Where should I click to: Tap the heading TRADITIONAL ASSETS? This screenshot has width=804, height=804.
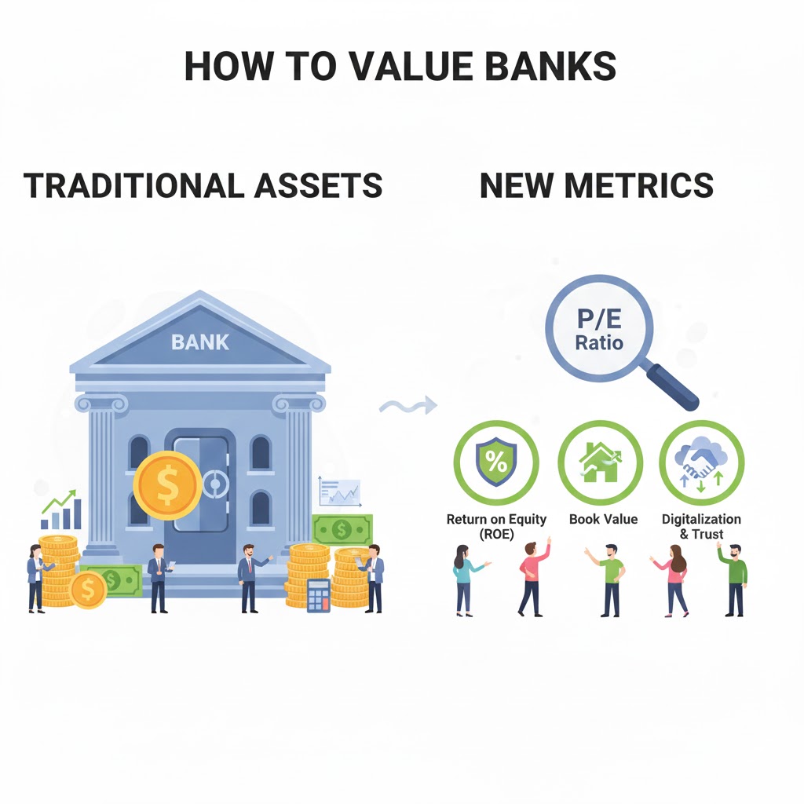pyautogui.click(x=203, y=185)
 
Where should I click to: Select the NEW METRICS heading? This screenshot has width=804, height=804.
pyautogui.click(x=596, y=185)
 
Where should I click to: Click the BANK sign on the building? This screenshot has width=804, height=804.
pyautogui.click(x=200, y=342)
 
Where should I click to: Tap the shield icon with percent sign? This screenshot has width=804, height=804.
pyautogui.click(x=496, y=462)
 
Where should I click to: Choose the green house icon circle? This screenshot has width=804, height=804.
pyautogui.click(x=600, y=462)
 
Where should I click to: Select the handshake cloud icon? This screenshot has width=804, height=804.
pyautogui.click(x=701, y=462)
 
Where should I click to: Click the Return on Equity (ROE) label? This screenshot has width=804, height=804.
pyautogui.click(x=496, y=526)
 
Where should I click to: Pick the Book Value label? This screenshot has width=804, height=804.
pyautogui.click(x=603, y=519)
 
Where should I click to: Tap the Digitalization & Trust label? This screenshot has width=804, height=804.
pyautogui.click(x=701, y=526)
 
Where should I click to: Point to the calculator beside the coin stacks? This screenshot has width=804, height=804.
pyautogui.click(x=318, y=595)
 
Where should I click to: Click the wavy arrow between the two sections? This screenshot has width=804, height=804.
pyautogui.click(x=407, y=406)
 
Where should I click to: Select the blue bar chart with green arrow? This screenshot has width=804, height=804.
pyautogui.click(x=61, y=510)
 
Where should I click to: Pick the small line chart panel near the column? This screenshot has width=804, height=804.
pyautogui.click(x=339, y=491)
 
